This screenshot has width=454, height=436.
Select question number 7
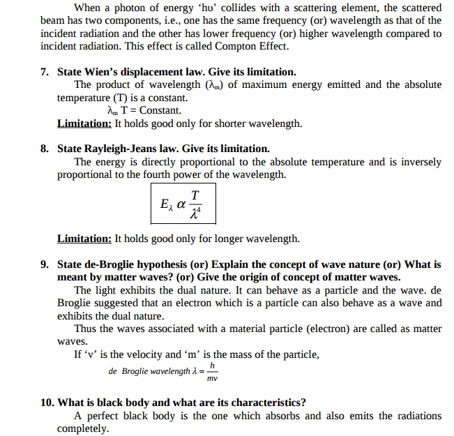tap(44, 72)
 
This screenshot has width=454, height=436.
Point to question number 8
tap(44, 149)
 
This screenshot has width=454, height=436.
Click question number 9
tap(44, 264)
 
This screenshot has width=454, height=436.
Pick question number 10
tap(47, 403)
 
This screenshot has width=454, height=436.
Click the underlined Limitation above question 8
tap(84, 123)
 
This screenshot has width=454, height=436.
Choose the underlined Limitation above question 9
tap(84, 239)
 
